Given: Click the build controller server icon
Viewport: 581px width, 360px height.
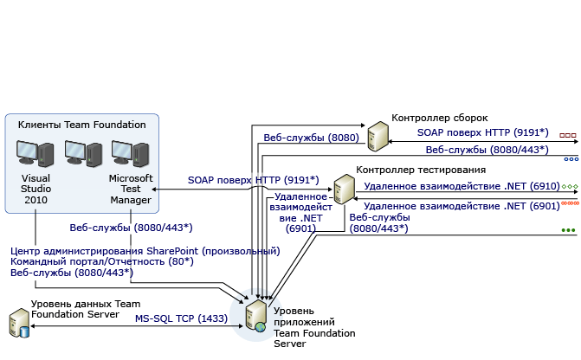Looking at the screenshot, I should [x=378, y=137].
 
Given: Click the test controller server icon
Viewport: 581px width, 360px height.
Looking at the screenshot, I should [x=345, y=189].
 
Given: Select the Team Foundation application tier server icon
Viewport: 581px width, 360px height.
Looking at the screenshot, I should [x=257, y=318].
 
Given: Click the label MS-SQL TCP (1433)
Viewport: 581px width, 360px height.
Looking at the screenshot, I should [x=181, y=318].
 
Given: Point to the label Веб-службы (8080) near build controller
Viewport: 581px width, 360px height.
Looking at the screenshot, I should [x=299, y=136].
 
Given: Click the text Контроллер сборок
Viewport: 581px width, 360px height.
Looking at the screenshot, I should [x=440, y=118].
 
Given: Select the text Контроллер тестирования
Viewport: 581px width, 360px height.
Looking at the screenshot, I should [x=421, y=170].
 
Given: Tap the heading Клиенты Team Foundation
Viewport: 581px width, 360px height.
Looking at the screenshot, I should [x=81, y=125].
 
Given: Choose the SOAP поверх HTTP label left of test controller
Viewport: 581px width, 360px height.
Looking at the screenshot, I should [x=254, y=179].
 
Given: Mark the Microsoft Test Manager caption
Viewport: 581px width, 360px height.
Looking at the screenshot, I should [x=130, y=189].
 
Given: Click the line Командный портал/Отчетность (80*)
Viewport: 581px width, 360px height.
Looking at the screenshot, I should [x=101, y=261].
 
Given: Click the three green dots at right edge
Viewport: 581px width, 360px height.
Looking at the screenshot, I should [x=568, y=230].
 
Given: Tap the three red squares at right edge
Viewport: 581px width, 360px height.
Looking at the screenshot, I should [x=568, y=136].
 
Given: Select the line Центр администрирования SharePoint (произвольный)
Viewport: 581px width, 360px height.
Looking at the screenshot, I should [x=145, y=251].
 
